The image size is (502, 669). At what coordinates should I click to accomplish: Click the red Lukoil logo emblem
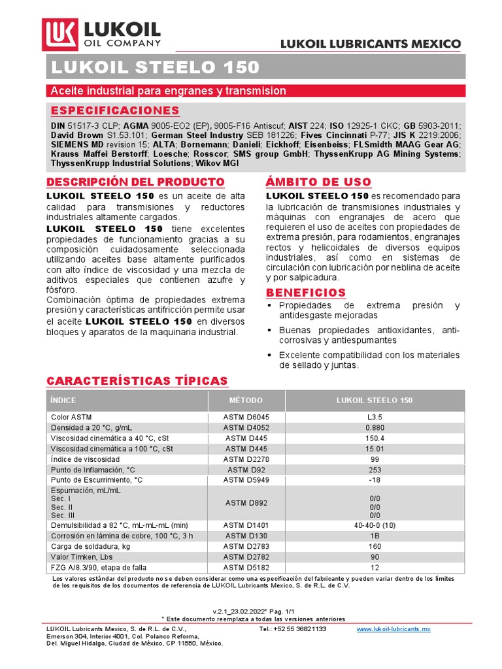click(59, 34)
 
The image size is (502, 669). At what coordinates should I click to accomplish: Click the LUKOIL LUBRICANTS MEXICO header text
click(370, 44)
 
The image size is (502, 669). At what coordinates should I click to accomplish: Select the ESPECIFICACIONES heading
click(114, 110)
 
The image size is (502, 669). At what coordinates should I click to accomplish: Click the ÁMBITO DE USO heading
click(318, 182)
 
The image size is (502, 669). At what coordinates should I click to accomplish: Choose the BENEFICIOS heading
click(306, 292)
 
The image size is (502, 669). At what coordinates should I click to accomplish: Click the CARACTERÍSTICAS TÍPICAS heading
click(137, 381)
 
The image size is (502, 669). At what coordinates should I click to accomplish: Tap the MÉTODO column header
click(246, 400)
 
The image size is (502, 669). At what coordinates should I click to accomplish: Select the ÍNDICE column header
click(63, 400)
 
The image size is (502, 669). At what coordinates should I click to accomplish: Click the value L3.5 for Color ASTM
click(375, 416)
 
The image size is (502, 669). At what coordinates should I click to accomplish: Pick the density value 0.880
click(375, 427)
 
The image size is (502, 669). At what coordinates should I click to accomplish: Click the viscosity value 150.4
click(375, 438)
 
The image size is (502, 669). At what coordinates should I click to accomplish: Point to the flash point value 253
click(375, 470)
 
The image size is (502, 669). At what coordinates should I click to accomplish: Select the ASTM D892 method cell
click(246, 502)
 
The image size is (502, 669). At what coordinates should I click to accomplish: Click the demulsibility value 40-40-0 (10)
click(375, 525)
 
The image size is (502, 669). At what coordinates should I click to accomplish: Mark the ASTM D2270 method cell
click(246, 459)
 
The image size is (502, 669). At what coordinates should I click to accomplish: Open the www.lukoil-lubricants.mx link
click(393, 628)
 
